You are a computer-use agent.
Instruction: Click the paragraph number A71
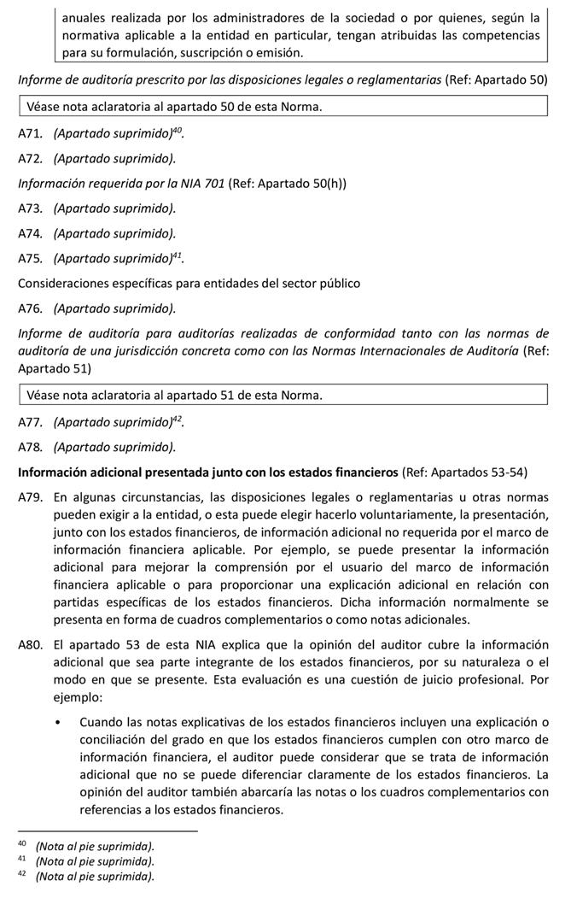coord(31,134)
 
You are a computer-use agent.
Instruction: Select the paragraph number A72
coord(31,159)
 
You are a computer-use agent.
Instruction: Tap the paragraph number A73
coord(31,208)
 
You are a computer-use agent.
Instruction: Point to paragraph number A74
coord(31,233)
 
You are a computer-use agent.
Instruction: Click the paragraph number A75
coord(31,258)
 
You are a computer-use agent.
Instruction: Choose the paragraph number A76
coord(31,308)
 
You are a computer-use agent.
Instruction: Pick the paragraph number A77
coord(31,422)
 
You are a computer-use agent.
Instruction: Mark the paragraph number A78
coord(31,447)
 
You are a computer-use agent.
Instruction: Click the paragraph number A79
coord(31,497)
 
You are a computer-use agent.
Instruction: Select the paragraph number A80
coord(31,644)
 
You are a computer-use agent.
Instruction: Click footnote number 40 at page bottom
coord(23,845)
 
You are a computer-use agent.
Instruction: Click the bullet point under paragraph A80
coord(57,723)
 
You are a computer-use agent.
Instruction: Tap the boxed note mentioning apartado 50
coord(282,107)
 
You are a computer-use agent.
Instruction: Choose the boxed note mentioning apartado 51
coord(282,395)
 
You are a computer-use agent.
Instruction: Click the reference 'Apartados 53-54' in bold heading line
coord(478,472)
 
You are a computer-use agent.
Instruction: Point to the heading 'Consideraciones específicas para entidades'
coord(189,283)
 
